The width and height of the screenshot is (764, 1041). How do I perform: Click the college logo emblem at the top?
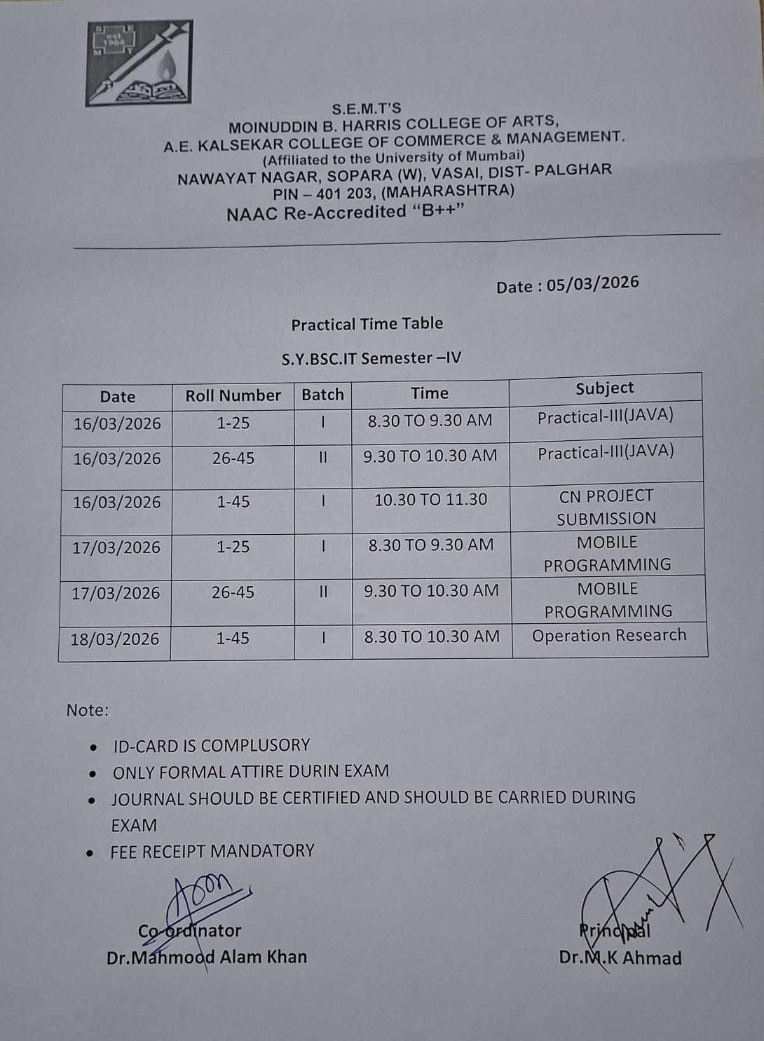[139, 63]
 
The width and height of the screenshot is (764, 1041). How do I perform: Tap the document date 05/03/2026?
[592, 284]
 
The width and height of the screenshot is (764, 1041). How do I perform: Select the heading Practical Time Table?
[367, 324]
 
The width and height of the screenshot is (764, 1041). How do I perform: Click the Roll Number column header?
[233, 396]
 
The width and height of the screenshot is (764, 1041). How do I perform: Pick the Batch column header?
[322, 395]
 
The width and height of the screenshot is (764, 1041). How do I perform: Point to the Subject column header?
[604, 388]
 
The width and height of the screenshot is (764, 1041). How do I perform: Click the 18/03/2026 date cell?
[115, 639]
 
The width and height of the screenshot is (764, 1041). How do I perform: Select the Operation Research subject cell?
[608, 636]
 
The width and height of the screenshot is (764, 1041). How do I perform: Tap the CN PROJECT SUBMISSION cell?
[606, 507]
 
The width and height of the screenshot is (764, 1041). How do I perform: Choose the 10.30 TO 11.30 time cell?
[430, 500]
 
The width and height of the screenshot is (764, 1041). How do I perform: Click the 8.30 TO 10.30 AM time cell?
[432, 637]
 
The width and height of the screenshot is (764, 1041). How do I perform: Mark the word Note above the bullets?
[88, 710]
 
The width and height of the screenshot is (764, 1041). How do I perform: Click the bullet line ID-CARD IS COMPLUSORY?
[211, 745]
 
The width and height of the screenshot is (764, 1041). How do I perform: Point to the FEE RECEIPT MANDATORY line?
[212, 851]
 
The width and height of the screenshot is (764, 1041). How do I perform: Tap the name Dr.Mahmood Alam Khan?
[207, 957]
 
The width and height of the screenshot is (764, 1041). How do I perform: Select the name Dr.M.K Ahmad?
[620, 958]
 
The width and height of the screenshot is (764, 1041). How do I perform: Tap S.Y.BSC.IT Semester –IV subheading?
[371, 358]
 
